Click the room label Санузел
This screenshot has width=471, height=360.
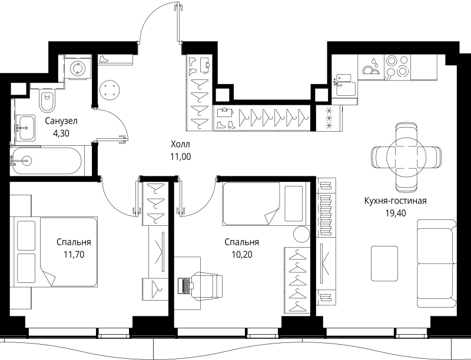pyautogui.click(x=61, y=121)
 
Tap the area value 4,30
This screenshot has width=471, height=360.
pyautogui.click(x=61, y=133)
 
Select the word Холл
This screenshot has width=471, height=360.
pyautogui.click(x=181, y=144)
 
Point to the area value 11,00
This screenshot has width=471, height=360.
pyautogui.click(x=181, y=156)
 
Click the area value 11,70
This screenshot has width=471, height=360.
pyautogui.click(x=74, y=254)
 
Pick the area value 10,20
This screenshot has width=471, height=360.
pyautogui.click(x=242, y=254)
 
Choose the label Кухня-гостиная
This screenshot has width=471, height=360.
pyautogui.click(x=395, y=201)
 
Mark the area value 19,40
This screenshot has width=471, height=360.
pyautogui.click(x=396, y=213)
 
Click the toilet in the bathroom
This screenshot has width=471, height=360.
pyautogui.click(x=47, y=100)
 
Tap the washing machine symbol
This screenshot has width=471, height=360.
pyautogui.click(x=78, y=68)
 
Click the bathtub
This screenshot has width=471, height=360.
pyautogui.click(x=46, y=161)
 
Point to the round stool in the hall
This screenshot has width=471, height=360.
pyautogui.click(x=110, y=90)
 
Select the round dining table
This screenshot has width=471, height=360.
pyautogui.click(x=406, y=157)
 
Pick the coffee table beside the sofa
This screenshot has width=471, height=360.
pyautogui.click(x=384, y=259)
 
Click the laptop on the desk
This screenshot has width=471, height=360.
pyautogui.click(x=184, y=286)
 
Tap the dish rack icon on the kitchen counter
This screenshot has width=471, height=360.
pyautogui.click(x=372, y=66)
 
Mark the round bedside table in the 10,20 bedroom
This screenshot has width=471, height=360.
pyautogui.click(x=301, y=234)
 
